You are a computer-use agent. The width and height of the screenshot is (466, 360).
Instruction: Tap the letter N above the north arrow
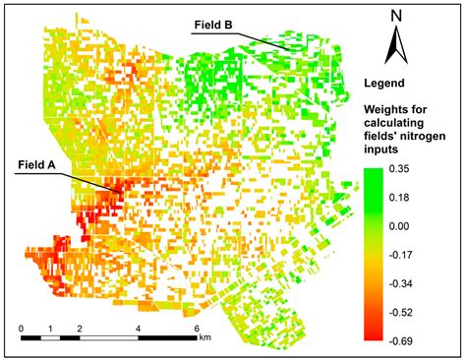coord(395,16)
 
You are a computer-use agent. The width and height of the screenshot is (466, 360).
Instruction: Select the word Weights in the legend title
coord(387,106)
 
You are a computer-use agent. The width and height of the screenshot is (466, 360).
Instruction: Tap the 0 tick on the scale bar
coord(21,327)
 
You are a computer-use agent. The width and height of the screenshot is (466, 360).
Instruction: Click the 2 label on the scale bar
coord(80,327)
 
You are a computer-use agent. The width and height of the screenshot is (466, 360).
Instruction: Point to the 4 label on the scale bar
coord(139,327)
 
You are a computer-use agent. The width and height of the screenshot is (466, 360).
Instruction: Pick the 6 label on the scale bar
coord(198,327)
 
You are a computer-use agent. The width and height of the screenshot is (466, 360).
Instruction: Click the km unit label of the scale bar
coord(204,337)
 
